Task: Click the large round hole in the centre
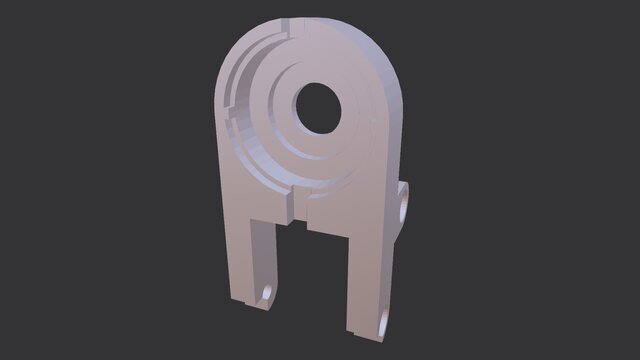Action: click(x=318, y=106)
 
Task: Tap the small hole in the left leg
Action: click(x=268, y=292)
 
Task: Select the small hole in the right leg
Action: click(x=386, y=321)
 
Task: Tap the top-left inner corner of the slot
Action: click(x=279, y=224)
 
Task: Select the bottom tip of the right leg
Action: click(x=366, y=336)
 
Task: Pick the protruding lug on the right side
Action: click(x=406, y=205)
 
